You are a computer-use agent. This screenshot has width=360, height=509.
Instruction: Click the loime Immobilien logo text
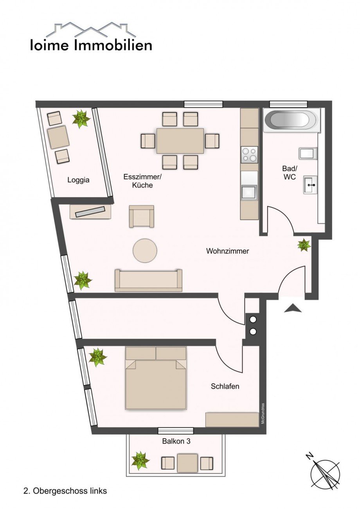point(91,45)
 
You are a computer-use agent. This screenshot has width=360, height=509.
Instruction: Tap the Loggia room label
point(78,180)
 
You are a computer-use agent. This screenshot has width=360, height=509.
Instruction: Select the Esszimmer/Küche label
point(142,181)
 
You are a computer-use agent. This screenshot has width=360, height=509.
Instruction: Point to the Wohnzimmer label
point(227,251)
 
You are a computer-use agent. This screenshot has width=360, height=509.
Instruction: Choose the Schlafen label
point(225,387)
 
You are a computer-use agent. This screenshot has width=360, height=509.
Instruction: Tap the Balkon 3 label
point(176,441)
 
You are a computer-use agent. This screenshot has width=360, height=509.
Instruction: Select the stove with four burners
point(249,154)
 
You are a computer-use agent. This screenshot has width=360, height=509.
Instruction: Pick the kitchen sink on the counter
point(249,192)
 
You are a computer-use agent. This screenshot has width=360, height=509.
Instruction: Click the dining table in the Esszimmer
point(180,141)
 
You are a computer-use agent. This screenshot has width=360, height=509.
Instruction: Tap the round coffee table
point(145,251)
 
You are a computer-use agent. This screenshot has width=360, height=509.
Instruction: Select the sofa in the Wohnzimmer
point(148,280)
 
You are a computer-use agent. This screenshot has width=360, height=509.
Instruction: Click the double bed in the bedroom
point(156,378)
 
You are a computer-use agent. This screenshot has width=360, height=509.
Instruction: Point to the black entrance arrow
point(293,308)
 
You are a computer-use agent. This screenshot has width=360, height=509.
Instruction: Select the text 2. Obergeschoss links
point(65,491)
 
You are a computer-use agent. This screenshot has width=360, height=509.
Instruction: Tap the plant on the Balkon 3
point(140,461)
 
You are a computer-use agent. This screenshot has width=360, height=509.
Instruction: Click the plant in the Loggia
point(81,118)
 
